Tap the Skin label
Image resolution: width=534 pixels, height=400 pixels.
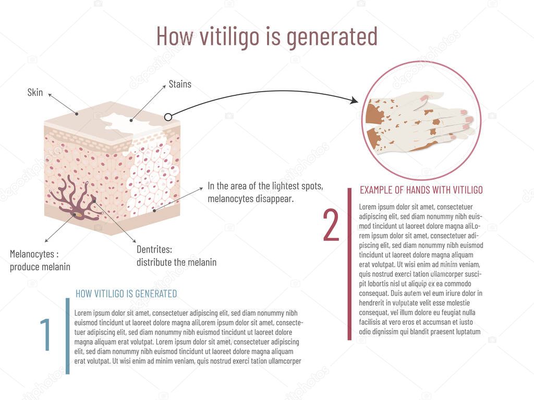pyautogui.click(x=35, y=92)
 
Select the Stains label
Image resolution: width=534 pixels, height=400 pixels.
pyautogui.click(x=180, y=84)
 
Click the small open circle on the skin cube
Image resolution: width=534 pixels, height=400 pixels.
pyautogui.click(x=168, y=117)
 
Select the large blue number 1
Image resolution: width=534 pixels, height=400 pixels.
pyautogui.click(x=46, y=333)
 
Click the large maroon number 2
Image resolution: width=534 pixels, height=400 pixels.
pyautogui.click(x=331, y=225)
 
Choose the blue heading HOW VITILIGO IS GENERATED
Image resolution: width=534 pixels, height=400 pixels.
pyautogui.click(x=126, y=294)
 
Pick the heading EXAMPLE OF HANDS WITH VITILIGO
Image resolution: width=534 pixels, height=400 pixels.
pyautogui.click(x=421, y=190)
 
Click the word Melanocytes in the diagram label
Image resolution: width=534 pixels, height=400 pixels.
pyautogui.click(x=32, y=254)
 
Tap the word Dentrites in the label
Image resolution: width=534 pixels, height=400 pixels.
pyautogui.click(x=154, y=249)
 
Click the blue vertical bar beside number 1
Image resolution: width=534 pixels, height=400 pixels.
pyautogui.click(x=67, y=336)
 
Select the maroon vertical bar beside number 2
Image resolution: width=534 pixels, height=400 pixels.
pyautogui.click(x=349, y=264)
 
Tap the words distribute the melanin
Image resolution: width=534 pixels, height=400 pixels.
pyautogui.click(x=176, y=262)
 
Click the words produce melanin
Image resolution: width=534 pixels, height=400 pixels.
pyautogui.click(x=40, y=267)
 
